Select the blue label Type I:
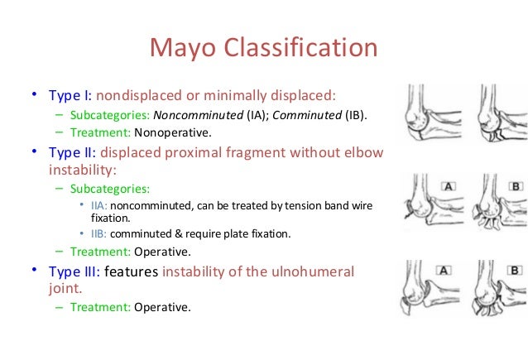[69, 94]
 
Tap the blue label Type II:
[71, 152]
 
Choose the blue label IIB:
[98, 234]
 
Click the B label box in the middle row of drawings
[515, 186]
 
